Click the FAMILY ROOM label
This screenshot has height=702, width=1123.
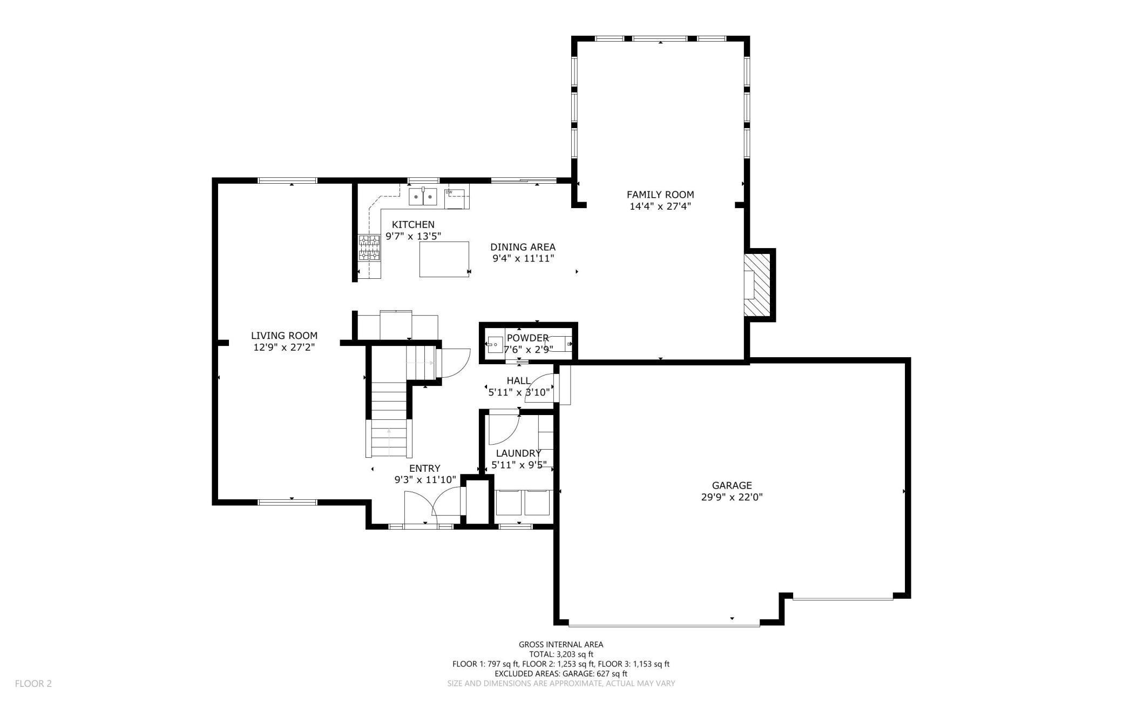(660, 195)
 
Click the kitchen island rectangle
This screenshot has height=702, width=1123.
(444, 259)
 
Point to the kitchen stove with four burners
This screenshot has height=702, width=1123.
(369, 248)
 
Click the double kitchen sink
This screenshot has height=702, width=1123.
(423, 198)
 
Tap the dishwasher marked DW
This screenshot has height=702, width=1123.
(456, 199)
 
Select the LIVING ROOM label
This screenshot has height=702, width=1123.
(284, 336)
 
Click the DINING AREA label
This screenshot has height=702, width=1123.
(523, 247)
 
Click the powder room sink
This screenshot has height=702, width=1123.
(495, 343)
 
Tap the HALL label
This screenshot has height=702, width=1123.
(518, 380)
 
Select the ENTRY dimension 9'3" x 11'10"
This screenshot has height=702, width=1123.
(425, 479)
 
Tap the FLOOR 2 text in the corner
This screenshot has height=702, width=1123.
(33, 684)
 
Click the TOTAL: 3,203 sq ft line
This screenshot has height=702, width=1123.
(561, 654)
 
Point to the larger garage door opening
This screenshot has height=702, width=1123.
(664, 625)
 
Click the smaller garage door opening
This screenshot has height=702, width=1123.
(842, 598)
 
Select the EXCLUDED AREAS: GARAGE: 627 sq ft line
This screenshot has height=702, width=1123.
(561, 673)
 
